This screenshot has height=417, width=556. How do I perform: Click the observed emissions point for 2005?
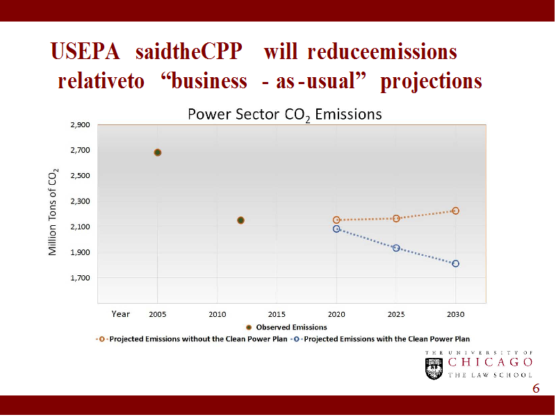[x=158, y=152]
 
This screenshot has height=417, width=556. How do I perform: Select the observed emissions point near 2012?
[x=240, y=220]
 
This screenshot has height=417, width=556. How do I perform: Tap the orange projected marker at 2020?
[x=336, y=220]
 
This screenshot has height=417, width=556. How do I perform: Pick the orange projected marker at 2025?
[x=396, y=218]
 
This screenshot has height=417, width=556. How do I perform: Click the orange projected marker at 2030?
[x=455, y=211]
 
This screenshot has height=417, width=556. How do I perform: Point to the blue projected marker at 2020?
[x=336, y=229]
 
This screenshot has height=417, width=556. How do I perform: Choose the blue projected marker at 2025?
[x=396, y=247]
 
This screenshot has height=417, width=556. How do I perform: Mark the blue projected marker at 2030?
[x=455, y=263]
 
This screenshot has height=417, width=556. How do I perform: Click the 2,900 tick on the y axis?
[x=81, y=125]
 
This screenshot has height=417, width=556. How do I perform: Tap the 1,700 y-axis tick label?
[x=81, y=278]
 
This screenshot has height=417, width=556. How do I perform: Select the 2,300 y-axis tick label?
[x=81, y=202]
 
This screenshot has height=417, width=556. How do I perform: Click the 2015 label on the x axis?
[x=277, y=314]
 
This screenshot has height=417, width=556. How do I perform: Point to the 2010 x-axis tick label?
[x=218, y=314]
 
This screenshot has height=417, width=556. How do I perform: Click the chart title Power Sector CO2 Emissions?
[x=284, y=114]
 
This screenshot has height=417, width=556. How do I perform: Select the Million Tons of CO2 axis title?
[x=54, y=212]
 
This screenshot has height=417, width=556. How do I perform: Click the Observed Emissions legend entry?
[x=286, y=327]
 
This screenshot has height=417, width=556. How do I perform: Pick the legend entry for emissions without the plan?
[x=192, y=339]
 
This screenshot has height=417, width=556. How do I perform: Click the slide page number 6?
[x=535, y=388]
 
